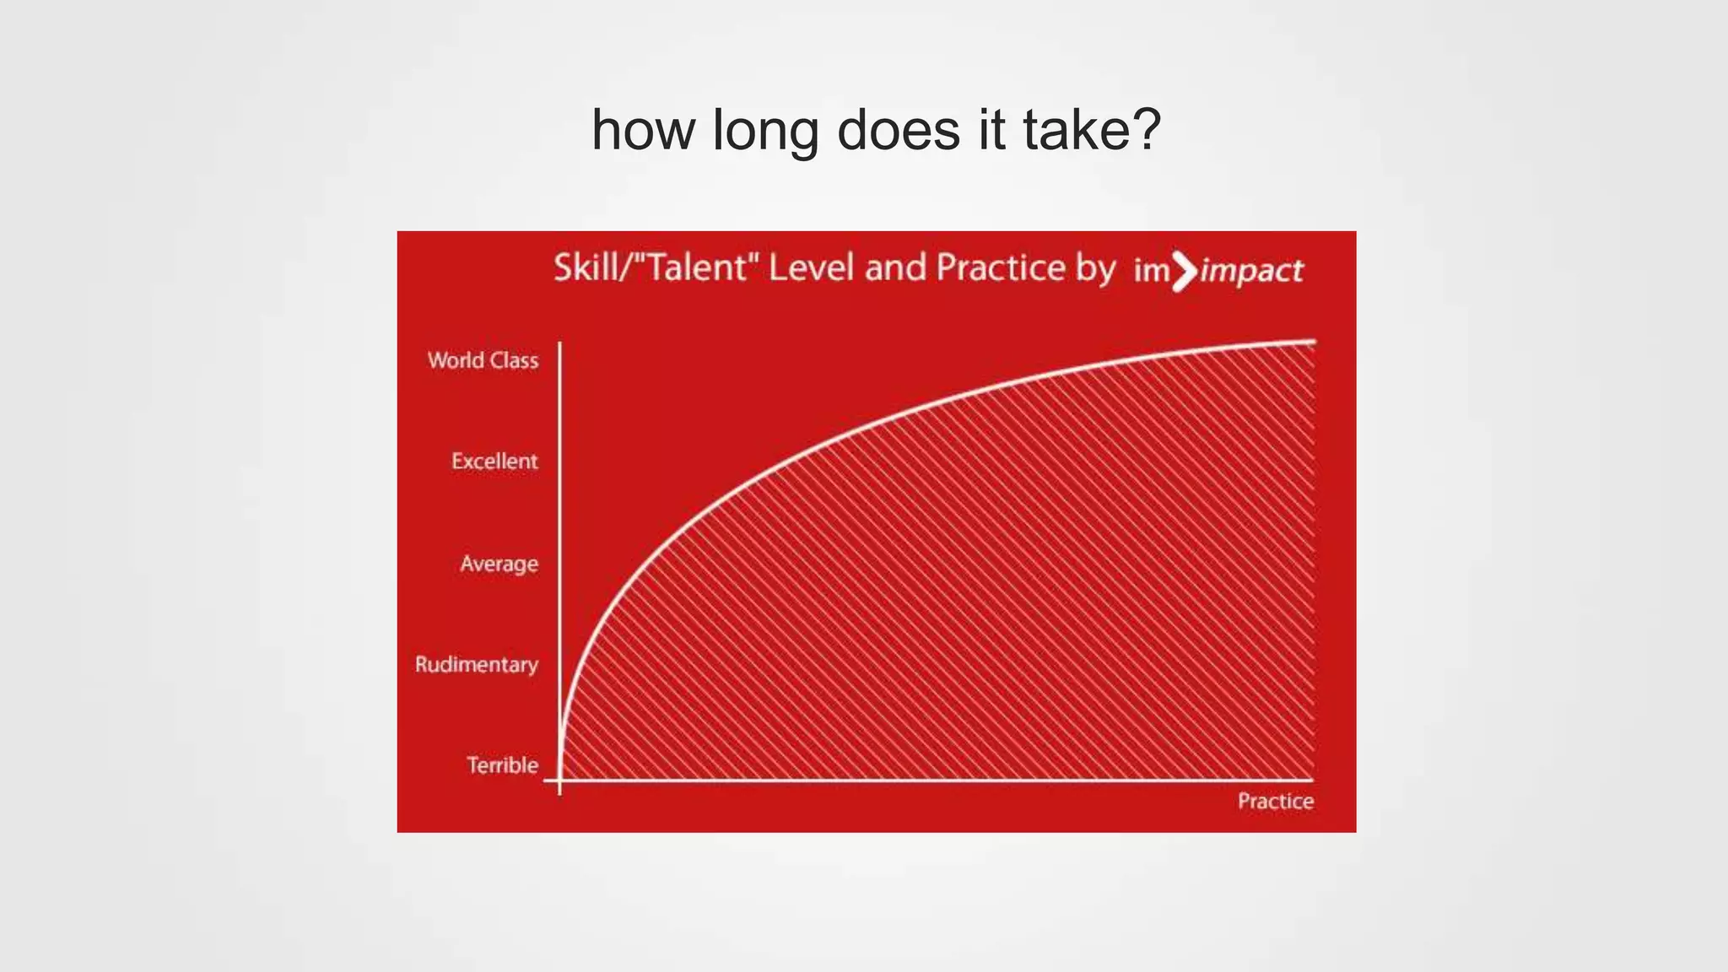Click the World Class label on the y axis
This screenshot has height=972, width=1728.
483,360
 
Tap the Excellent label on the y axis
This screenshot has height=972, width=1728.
494,462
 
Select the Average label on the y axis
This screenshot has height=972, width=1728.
499,564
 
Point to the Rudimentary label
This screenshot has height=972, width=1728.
476,665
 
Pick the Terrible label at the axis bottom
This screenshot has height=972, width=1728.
502,765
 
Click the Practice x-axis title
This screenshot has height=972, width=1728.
1275,801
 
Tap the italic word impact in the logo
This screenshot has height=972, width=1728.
1252,271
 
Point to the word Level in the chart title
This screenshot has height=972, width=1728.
812,267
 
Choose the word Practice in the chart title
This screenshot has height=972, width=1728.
1001,267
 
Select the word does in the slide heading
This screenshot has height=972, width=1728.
899,131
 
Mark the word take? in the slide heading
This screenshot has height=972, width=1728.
1092,131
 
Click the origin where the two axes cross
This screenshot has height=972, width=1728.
560,780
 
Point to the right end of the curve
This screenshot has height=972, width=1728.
1313,342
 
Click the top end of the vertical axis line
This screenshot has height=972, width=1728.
560,344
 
